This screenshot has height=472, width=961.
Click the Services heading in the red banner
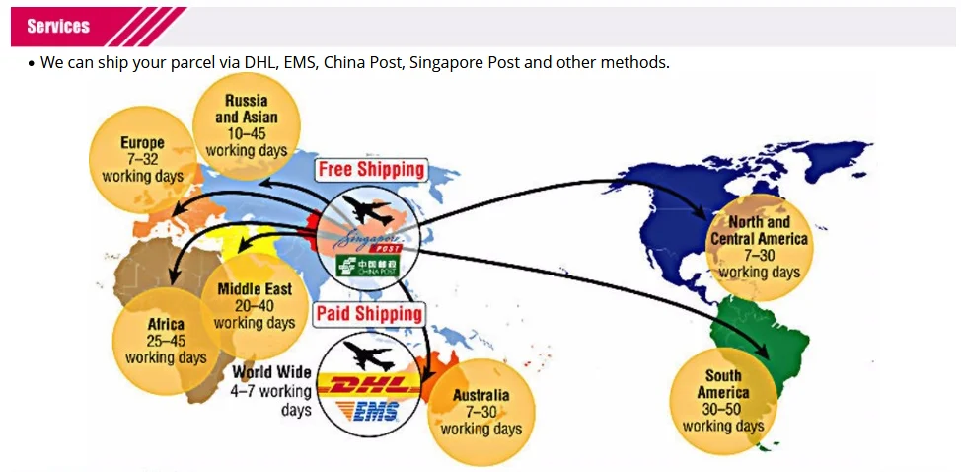58,27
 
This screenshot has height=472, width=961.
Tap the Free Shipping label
371,170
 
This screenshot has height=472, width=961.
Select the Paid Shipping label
369,315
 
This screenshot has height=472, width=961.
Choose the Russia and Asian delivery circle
246,124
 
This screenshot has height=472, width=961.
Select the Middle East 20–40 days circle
254,306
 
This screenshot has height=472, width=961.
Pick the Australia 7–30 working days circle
480,412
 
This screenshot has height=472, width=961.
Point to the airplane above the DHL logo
368,354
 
